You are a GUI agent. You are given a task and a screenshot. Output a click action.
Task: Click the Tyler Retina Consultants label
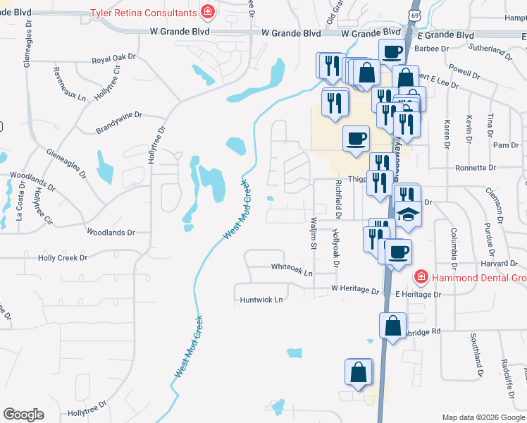pos(142,13)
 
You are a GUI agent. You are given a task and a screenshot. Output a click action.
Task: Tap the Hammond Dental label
pos(478,278)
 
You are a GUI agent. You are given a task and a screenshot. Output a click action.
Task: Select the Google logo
pos(23,415)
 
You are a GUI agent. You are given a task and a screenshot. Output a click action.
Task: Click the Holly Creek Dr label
pos(62,258)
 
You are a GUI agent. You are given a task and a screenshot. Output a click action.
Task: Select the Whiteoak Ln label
pos(292,267)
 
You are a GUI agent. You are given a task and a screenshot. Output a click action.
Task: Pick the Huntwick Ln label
pos(260,300)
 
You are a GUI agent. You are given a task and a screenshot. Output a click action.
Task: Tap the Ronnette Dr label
pos(476,168)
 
